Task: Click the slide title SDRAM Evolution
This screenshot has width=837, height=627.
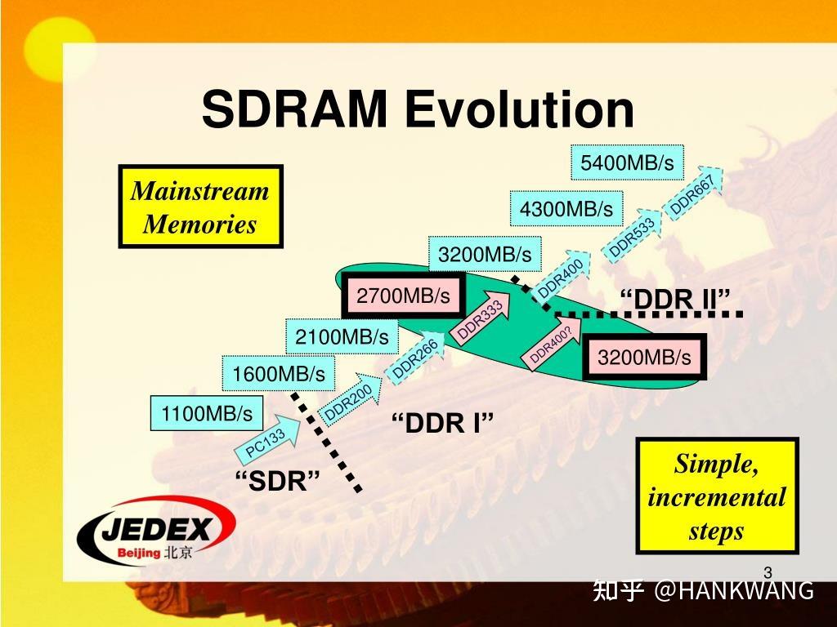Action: pyautogui.click(x=418, y=109)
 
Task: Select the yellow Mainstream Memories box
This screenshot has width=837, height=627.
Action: pyautogui.click(x=200, y=207)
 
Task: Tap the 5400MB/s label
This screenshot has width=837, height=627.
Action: pyautogui.click(x=627, y=163)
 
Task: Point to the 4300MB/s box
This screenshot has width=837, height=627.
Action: pyautogui.click(x=566, y=209)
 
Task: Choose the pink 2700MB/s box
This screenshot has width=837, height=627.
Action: pyautogui.click(x=403, y=296)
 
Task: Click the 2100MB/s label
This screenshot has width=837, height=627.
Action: pyautogui.click(x=342, y=336)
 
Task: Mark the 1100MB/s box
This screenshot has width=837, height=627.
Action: pyautogui.click(x=207, y=413)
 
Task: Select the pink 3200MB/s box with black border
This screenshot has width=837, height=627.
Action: pyautogui.click(x=644, y=358)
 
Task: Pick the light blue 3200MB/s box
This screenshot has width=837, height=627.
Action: pyautogui.click(x=484, y=255)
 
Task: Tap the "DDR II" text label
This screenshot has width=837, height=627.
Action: pyautogui.click(x=674, y=300)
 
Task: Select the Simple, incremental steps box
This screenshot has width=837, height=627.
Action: pyautogui.click(x=717, y=496)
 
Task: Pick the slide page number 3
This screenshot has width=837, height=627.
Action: pyautogui.click(x=768, y=571)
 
